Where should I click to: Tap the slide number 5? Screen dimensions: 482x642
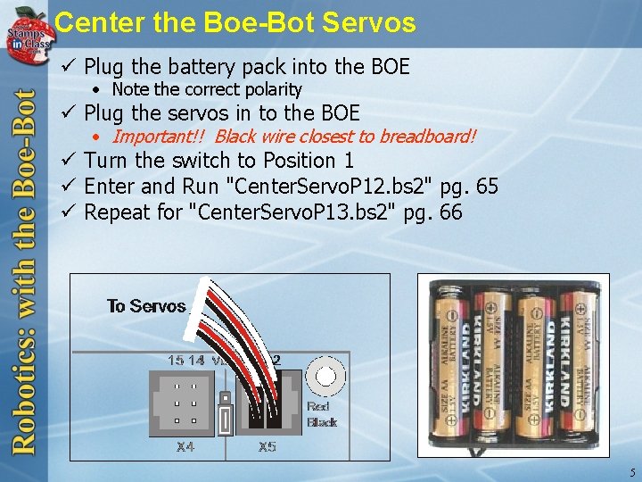[631, 472]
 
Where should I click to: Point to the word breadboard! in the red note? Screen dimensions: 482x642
[428, 137]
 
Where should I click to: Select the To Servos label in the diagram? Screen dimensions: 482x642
[146, 306]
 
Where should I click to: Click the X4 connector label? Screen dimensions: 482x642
[185, 446]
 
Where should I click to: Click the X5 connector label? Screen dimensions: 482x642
[267, 446]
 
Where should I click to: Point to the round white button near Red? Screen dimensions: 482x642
[325, 377]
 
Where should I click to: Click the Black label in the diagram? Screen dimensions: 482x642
[322, 421]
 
